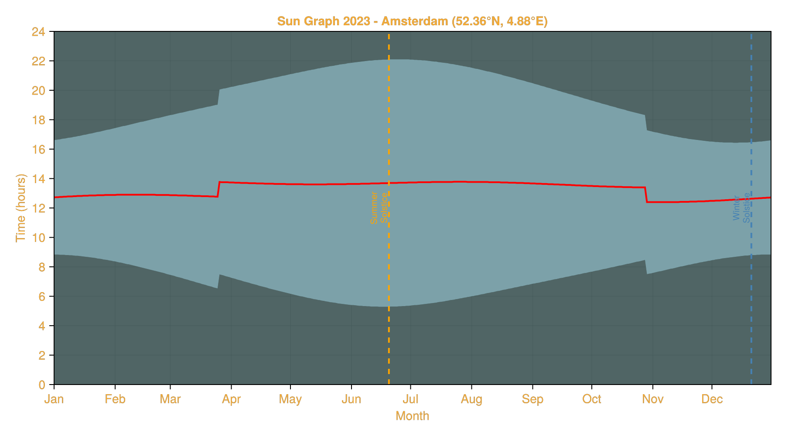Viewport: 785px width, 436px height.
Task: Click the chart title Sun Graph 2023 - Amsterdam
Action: [412, 21]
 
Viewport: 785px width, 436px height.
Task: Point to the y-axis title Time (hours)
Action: [20, 208]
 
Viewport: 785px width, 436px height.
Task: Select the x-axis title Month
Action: [412, 416]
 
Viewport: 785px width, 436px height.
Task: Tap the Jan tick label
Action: [54, 399]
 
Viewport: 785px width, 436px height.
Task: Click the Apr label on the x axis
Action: [231, 399]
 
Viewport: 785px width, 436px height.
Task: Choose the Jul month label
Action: [410, 399]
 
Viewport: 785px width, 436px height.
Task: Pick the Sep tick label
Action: [532, 399]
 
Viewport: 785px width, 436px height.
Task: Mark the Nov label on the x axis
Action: [653, 399]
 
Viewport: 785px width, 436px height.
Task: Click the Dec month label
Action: [712, 399]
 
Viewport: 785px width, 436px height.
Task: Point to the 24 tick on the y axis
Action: [38, 32]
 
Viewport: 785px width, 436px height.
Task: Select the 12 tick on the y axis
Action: [38, 208]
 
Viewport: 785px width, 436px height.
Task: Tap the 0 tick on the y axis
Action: [42, 385]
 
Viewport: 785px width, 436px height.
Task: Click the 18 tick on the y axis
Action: [38, 120]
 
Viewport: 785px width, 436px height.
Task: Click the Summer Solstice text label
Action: [379, 208]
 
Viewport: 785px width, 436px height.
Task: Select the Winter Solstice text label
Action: [741, 208]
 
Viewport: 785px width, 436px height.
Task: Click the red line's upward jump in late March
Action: [218, 189]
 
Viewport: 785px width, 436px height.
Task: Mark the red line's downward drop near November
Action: [646, 195]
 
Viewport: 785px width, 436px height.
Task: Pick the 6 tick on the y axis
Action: [42, 296]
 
